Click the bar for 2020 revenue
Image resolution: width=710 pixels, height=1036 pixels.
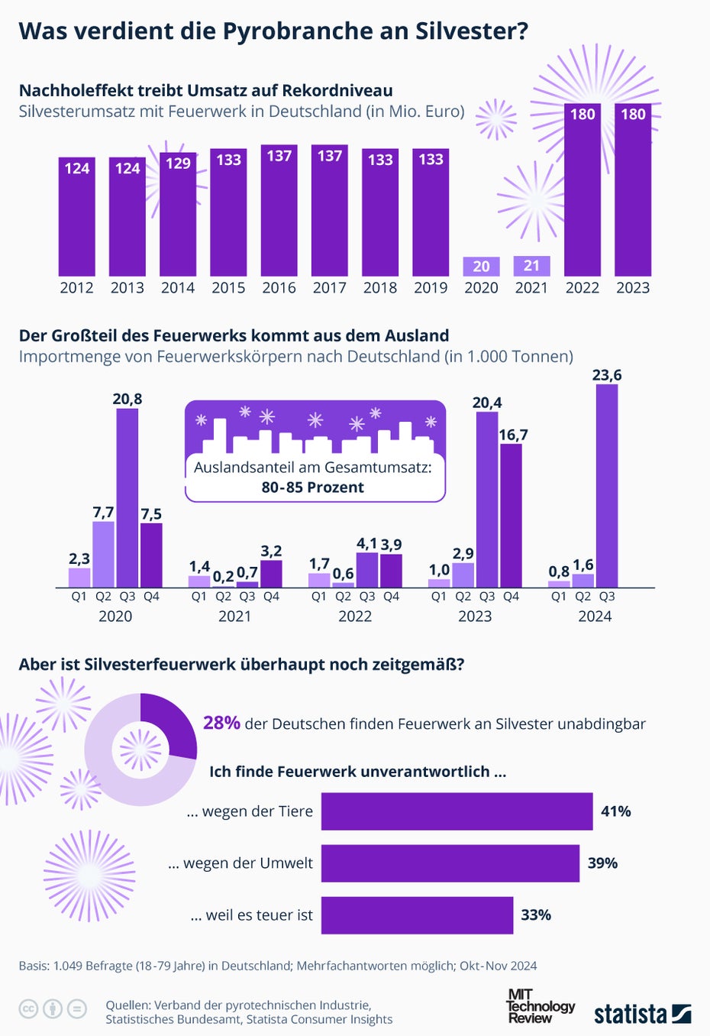tap(481, 266)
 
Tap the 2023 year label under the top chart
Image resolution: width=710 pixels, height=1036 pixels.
tap(633, 288)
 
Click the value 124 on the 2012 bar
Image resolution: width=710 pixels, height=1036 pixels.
tap(77, 168)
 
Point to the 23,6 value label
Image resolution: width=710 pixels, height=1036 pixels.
tap(607, 375)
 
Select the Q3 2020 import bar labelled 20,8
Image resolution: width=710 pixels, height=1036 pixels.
tap(127, 497)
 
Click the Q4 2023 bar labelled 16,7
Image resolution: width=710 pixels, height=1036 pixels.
tap(512, 515)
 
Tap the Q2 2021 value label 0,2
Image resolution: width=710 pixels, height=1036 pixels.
tap(224, 575)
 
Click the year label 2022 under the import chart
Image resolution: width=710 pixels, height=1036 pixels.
tap(355, 616)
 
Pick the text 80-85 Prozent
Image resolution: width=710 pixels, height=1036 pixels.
tap(313, 487)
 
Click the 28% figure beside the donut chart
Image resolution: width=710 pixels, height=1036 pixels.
tap(221, 723)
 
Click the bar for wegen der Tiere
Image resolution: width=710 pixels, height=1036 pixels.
tap(457, 811)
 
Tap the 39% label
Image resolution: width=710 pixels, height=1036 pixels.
tap(602, 863)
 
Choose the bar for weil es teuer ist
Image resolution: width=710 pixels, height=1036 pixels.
tap(417, 915)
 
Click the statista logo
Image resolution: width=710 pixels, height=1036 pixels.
tap(642, 1014)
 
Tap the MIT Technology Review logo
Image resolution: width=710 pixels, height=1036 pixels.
tap(540, 1006)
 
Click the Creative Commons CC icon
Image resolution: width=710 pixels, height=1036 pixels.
tap(28, 1009)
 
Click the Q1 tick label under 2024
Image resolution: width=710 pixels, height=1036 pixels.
tap(559, 597)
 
